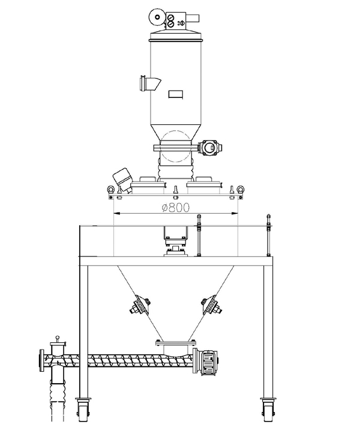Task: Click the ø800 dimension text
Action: click(176, 208)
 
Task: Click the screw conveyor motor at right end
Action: click(209, 362)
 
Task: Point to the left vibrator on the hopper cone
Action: click(140, 306)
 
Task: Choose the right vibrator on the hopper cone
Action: click(212, 306)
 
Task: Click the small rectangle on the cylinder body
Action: click(176, 94)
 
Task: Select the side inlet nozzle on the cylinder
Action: click(149, 83)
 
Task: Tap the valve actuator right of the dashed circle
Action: click(210, 148)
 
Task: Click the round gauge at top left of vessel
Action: click(157, 17)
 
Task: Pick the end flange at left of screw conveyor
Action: click(42, 360)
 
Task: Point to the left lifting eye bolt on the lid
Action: click(110, 189)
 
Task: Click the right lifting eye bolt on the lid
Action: click(241, 189)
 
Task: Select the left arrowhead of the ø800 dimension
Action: click(117, 213)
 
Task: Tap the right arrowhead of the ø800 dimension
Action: click(234, 213)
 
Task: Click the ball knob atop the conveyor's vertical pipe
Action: click(57, 338)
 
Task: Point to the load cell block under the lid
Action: click(176, 250)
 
